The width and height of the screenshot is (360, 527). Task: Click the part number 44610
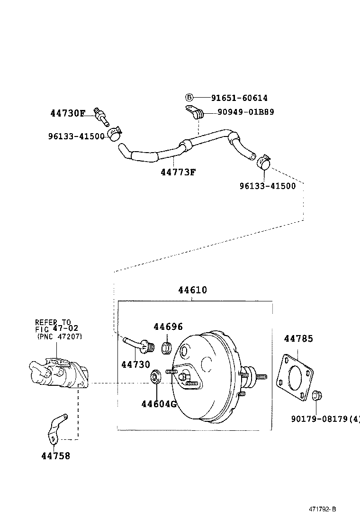click(x=192, y=290)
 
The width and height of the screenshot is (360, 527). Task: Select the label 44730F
click(x=68, y=113)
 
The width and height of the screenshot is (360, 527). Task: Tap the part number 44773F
click(x=178, y=172)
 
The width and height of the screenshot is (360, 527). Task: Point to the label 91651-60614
click(x=239, y=98)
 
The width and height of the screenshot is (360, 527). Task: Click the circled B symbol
click(x=189, y=98)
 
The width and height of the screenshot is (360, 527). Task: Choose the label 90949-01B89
click(x=245, y=112)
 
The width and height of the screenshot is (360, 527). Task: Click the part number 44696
click(x=168, y=327)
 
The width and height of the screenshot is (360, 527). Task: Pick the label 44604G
click(x=159, y=404)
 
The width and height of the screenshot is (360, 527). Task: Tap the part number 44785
click(x=298, y=339)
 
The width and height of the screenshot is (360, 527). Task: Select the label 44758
click(x=55, y=456)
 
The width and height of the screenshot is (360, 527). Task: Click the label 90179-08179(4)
click(x=325, y=418)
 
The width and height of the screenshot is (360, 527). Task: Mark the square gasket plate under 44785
click(x=296, y=375)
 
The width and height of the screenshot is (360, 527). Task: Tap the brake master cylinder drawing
click(x=57, y=372)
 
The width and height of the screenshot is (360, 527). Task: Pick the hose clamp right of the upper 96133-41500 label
click(x=114, y=133)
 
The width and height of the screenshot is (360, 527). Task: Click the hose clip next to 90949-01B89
click(x=195, y=113)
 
